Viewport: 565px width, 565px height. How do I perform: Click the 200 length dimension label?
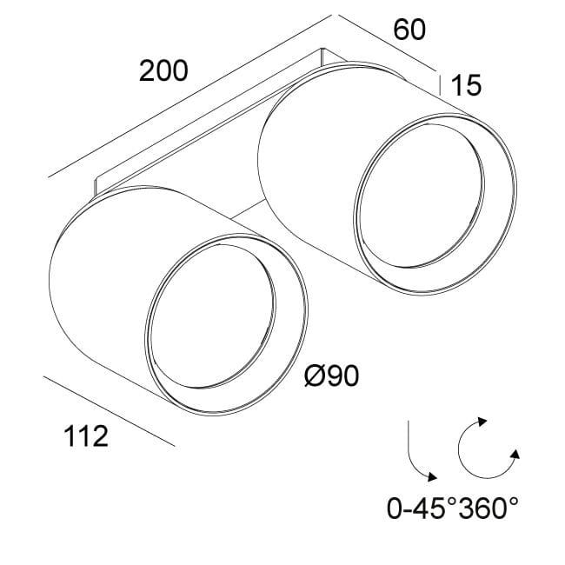[163, 71]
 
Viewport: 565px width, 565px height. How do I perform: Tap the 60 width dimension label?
[410, 30]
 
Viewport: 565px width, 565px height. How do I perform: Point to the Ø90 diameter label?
[333, 376]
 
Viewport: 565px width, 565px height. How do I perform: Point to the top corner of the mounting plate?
[322, 50]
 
